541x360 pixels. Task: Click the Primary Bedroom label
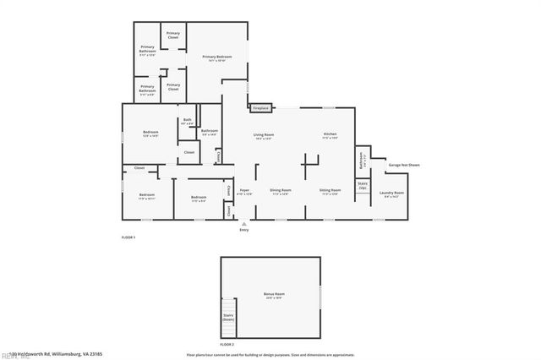pos(216,58)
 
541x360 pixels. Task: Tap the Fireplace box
pos(260,108)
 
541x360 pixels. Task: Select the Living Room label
pos(263,136)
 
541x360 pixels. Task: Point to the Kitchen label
pos(331,136)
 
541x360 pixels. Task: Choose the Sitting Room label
pos(331,192)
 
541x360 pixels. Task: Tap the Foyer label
pos(245,192)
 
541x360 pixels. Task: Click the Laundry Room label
pos(391,194)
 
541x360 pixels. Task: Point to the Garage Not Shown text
pos(403,165)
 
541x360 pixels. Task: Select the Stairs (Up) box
pos(362,185)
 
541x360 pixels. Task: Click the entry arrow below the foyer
pos(244,223)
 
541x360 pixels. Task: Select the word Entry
pos(244,230)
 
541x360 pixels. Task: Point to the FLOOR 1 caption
pos(128,237)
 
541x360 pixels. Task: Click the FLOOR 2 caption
pos(227,345)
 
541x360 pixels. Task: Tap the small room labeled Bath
pos(187,122)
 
